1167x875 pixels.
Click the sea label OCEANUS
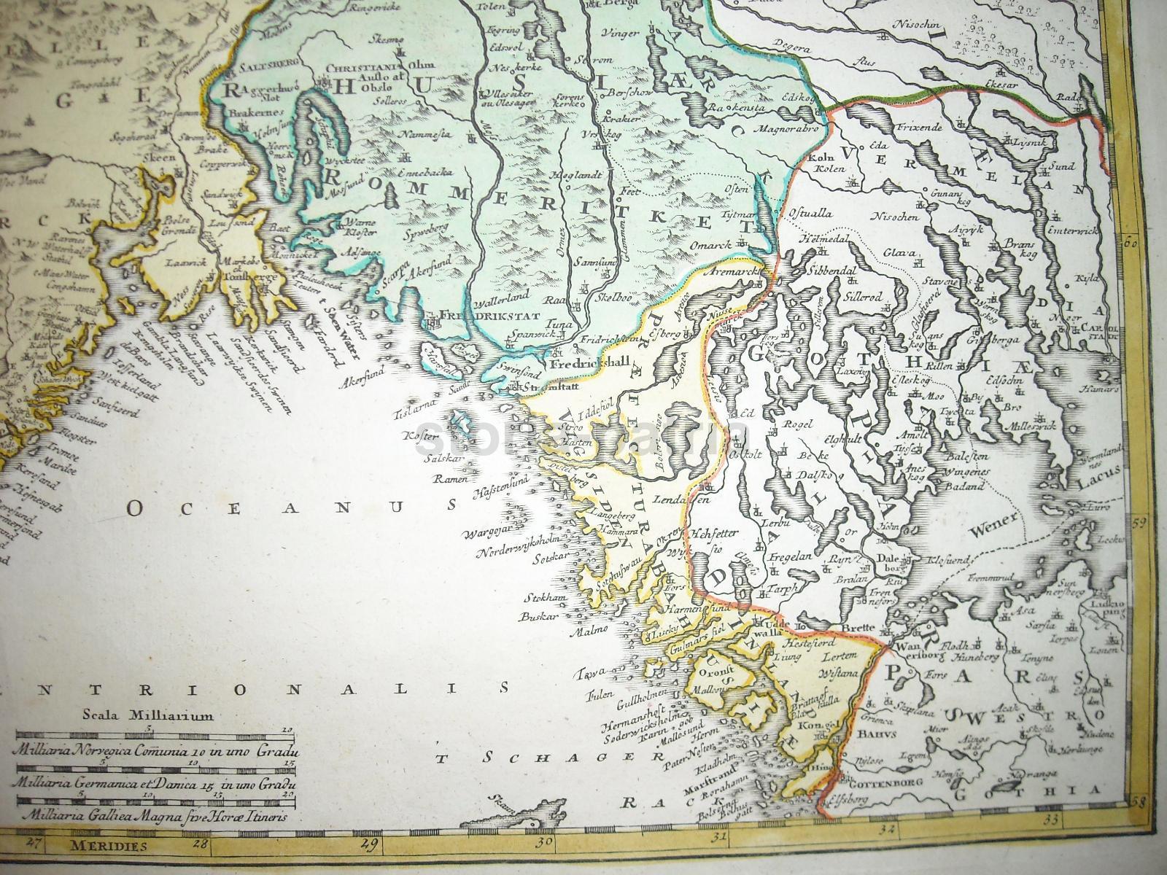point(289,507)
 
